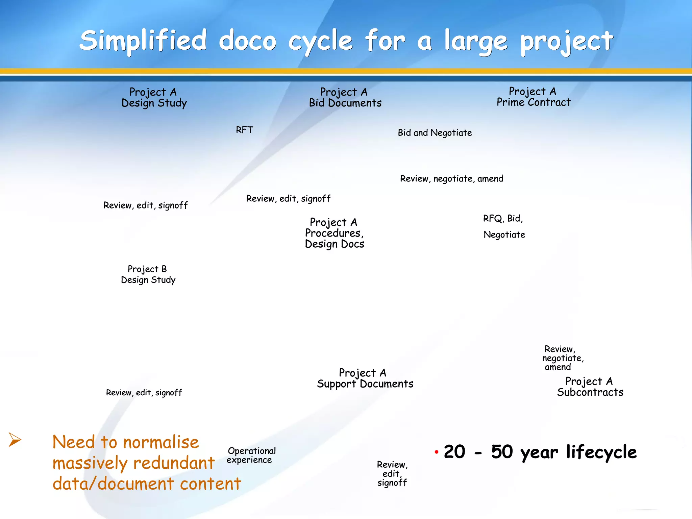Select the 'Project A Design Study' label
154,97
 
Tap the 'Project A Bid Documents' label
345,97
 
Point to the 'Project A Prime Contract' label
533,97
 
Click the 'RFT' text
244,130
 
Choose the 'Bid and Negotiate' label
435,133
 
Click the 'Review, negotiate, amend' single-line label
451,178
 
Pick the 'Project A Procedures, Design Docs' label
334,233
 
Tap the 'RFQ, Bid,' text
503,219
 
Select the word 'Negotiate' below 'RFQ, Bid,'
504,234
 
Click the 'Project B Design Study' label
148,274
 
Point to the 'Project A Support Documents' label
365,378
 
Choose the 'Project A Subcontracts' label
590,387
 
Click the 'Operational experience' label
251,455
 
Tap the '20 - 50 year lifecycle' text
540,452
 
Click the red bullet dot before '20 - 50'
437,452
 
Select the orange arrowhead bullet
15,440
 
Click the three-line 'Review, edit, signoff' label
392,474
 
